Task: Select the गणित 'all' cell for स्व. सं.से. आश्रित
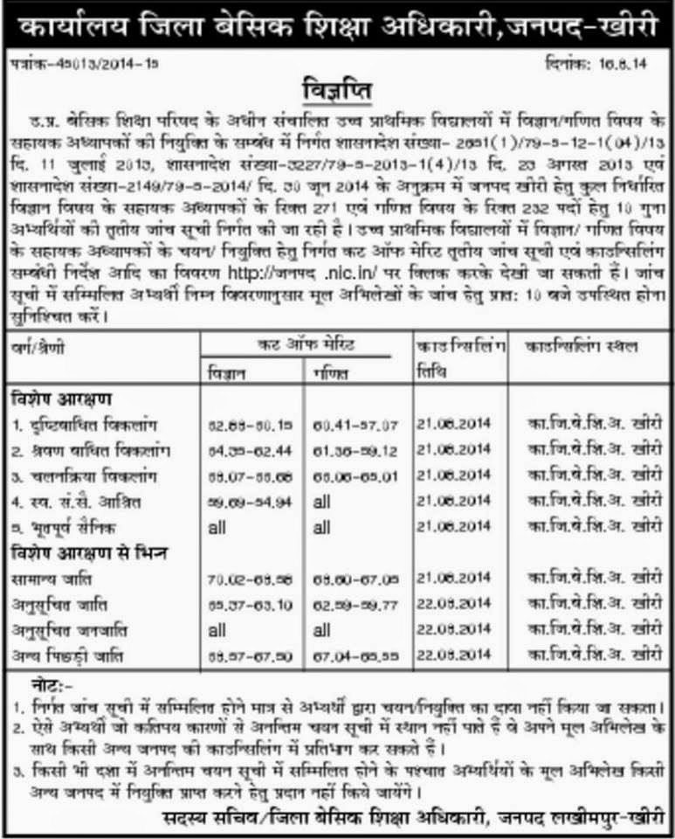pyautogui.click(x=323, y=504)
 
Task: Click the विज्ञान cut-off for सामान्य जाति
pyautogui.click(x=238, y=579)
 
